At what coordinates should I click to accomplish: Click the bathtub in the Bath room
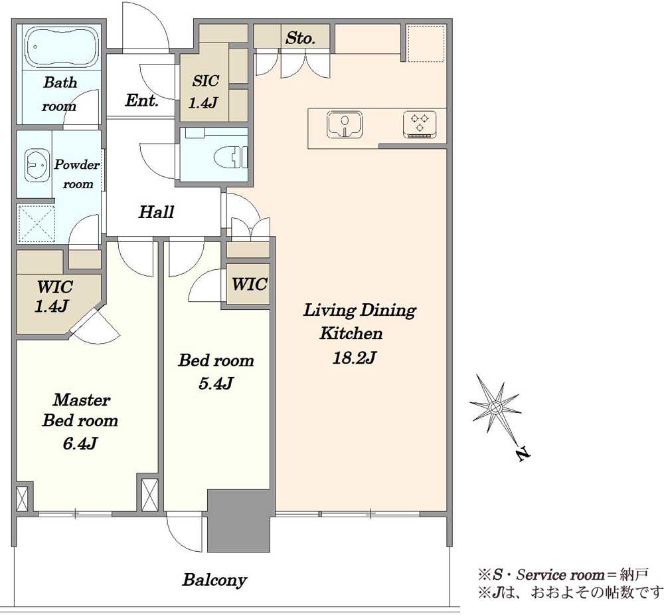pyautogui.click(x=62, y=47)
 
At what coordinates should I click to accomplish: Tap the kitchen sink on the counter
pyautogui.click(x=345, y=125)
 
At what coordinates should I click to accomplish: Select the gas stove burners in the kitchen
pyautogui.click(x=420, y=125)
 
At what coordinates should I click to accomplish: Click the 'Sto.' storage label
pyautogui.click(x=300, y=38)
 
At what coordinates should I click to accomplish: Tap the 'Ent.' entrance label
pyautogui.click(x=141, y=100)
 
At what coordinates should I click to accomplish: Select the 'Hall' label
pyautogui.click(x=156, y=211)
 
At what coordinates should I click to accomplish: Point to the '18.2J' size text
pyautogui.click(x=355, y=358)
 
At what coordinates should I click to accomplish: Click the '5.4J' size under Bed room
pyautogui.click(x=216, y=384)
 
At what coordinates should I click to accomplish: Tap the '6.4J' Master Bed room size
pyautogui.click(x=80, y=443)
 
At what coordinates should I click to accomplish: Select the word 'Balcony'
pyautogui.click(x=214, y=580)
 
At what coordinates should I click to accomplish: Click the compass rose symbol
pyautogui.click(x=495, y=407)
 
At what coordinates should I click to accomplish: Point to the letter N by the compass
pyautogui.click(x=523, y=453)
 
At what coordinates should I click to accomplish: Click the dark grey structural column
pyautogui.click(x=239, y=521)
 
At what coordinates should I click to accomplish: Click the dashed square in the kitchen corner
pyautogui.click(x=426, y=43)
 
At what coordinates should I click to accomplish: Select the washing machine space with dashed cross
pyautogui.click(x=36, y=224)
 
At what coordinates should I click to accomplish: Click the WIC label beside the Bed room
pyautogui.click(x=249, y=284)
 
